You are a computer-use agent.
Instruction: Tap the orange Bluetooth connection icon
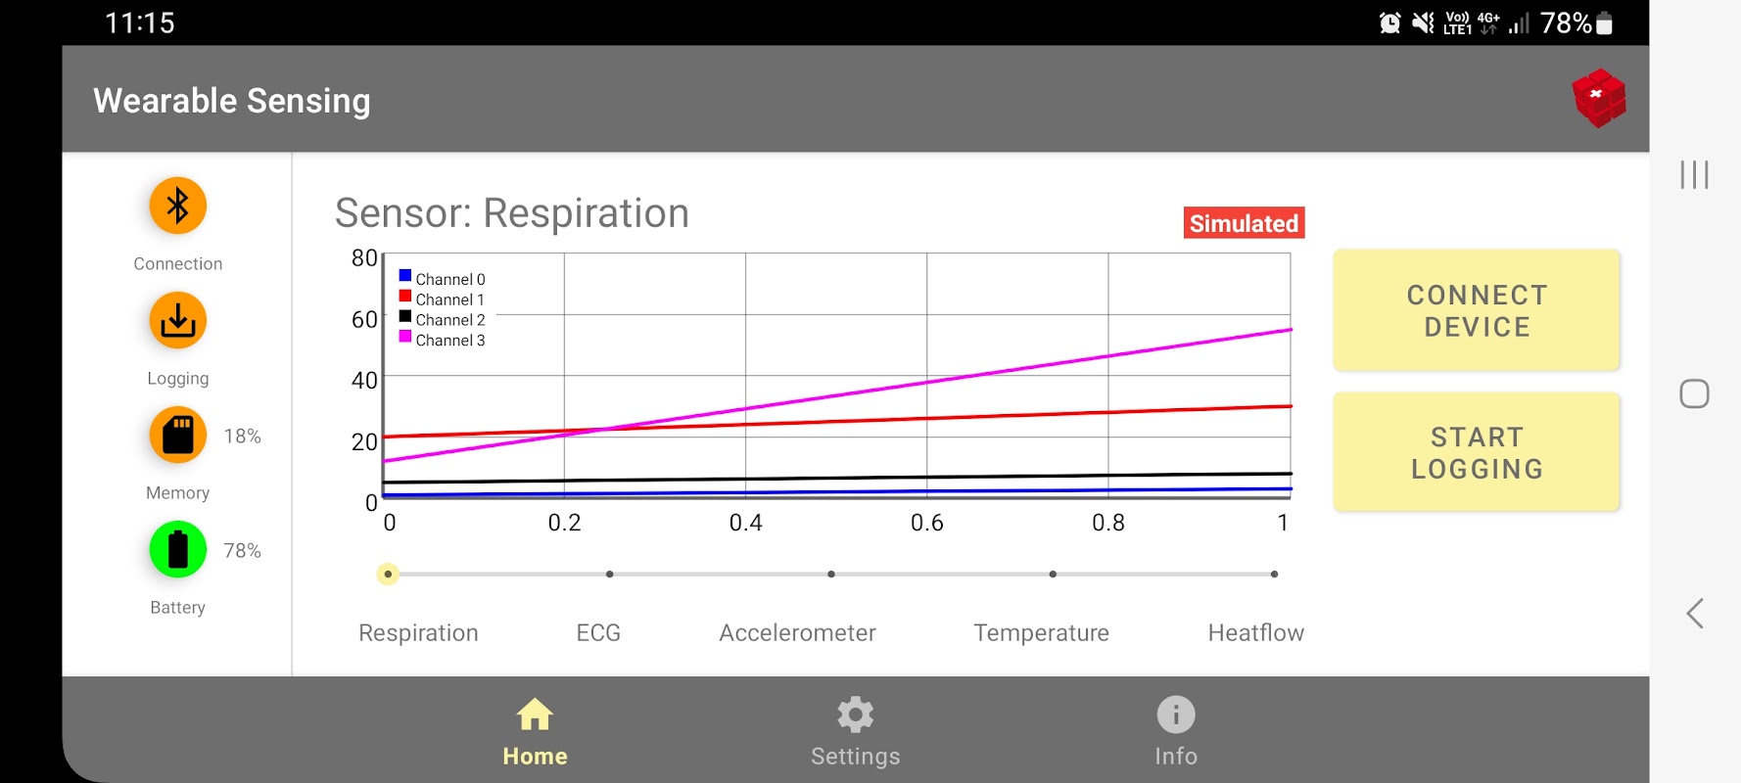(177, 206)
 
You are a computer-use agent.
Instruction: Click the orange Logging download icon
(177, 320)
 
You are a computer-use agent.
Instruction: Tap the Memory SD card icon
(177, 435)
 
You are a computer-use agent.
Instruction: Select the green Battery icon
(177, 549)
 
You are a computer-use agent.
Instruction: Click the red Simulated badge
(1244, 223)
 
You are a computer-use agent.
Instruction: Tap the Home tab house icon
(535, 714)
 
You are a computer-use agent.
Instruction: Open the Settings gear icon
(855, 714)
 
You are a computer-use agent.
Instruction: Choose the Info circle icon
(1175, 714)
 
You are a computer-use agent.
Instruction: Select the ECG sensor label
(598, 633)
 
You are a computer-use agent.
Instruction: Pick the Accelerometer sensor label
(797, 633)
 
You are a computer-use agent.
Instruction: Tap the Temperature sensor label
(1041, 633)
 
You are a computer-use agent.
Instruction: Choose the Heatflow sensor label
(1255, 633)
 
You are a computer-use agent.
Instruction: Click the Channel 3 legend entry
(443, 340)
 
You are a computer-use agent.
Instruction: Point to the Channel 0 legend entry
(443, 279)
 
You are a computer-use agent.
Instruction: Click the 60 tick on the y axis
(364, 319)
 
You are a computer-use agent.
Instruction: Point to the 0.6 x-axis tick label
(926, 523)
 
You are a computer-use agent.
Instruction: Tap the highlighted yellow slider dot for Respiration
(388, 574)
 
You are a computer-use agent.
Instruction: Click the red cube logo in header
(1598, 98)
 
